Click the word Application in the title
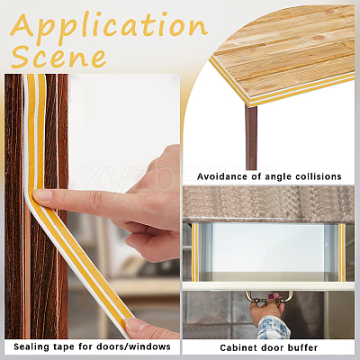(109, 26)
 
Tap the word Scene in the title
(58, 57)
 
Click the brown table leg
(251, 137)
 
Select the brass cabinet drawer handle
(269, 297)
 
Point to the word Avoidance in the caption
(222, 176)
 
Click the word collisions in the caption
(319, 176)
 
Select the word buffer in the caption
(302, 347)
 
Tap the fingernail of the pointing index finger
(41, 195)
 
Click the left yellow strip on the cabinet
(195, 252)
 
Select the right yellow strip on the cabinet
(342, 252)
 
